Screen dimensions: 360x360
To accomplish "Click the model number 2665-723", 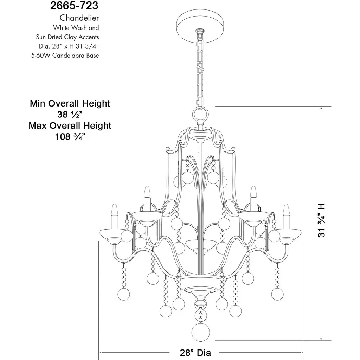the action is [74, 6].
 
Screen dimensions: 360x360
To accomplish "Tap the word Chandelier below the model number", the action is [79, 18].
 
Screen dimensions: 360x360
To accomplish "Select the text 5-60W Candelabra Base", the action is [65, 55].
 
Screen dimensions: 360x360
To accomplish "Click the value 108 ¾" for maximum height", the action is [70, 137].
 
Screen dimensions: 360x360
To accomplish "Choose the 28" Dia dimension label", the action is [195, 352].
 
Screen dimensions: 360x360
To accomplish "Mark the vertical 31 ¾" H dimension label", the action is [321, 220].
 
